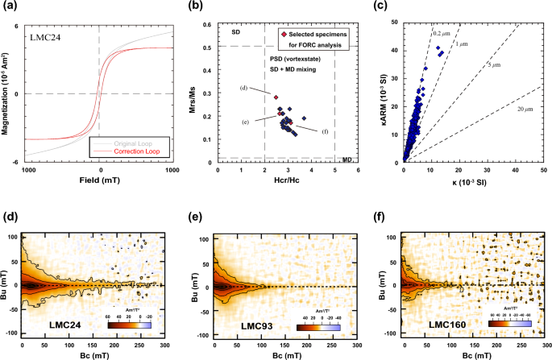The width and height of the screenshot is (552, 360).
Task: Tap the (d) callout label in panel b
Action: [243, 87]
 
